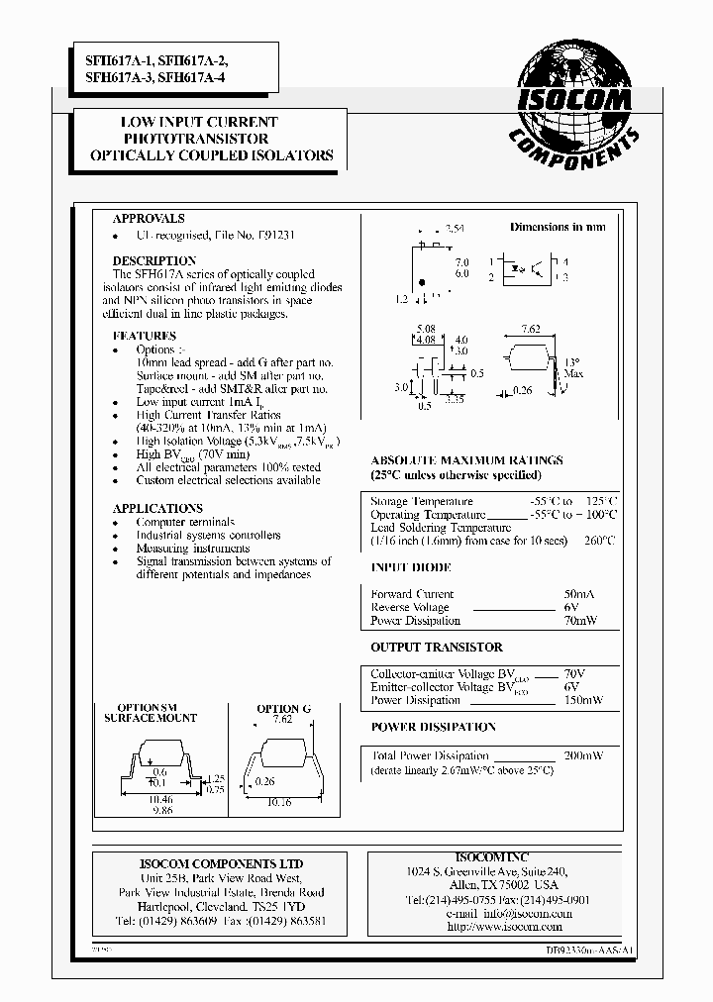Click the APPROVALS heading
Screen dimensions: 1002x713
[149, 219]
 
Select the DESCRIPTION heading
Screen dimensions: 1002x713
[154, 260]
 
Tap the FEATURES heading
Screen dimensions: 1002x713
[145, 336]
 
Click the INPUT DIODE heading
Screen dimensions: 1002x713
[411, 568]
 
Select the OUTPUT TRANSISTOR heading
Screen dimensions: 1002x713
[437, 648]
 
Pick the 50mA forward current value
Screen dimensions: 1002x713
[578, 594]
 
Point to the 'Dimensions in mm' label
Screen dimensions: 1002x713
[558, 228]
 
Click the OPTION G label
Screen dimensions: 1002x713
[283, 709]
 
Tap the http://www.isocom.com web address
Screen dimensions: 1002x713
[504, 927]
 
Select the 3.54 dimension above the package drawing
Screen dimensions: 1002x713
[455, 229]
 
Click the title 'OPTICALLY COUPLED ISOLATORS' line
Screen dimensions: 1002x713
[212, 156]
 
